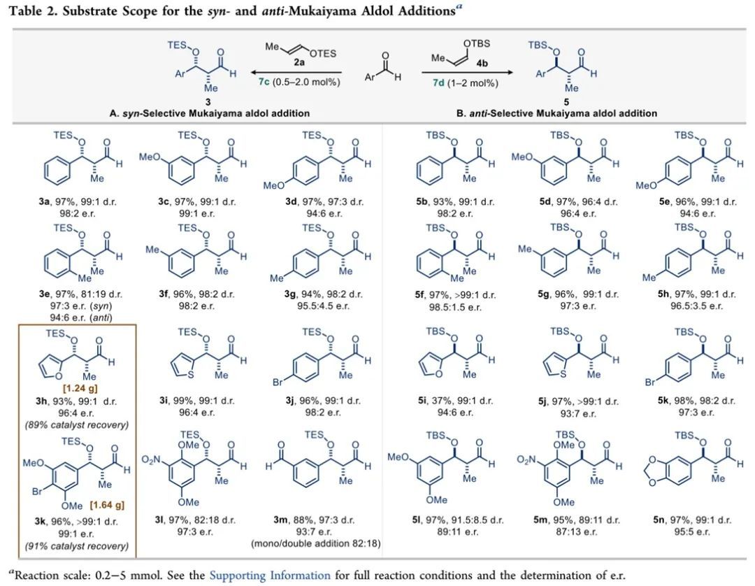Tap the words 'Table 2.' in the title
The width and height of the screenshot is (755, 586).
31,11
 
